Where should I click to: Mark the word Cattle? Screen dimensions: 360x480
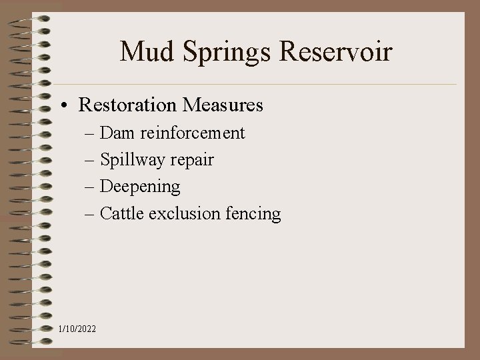122,214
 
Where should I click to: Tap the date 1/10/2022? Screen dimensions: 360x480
77,329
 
